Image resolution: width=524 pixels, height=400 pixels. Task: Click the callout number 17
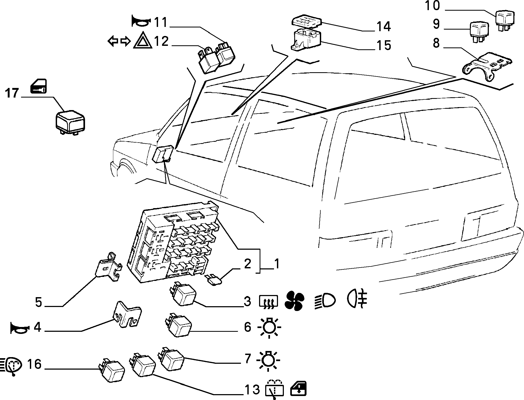pos(12,94)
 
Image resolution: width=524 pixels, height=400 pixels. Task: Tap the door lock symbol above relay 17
pos(38,86)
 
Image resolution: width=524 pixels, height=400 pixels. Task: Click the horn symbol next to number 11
pos(141,22)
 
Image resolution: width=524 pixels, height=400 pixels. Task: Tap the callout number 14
pos(384,27)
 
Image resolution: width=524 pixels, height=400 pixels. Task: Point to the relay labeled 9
pos(479,32)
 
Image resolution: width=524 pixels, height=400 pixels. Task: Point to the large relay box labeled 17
pos(70,123)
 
